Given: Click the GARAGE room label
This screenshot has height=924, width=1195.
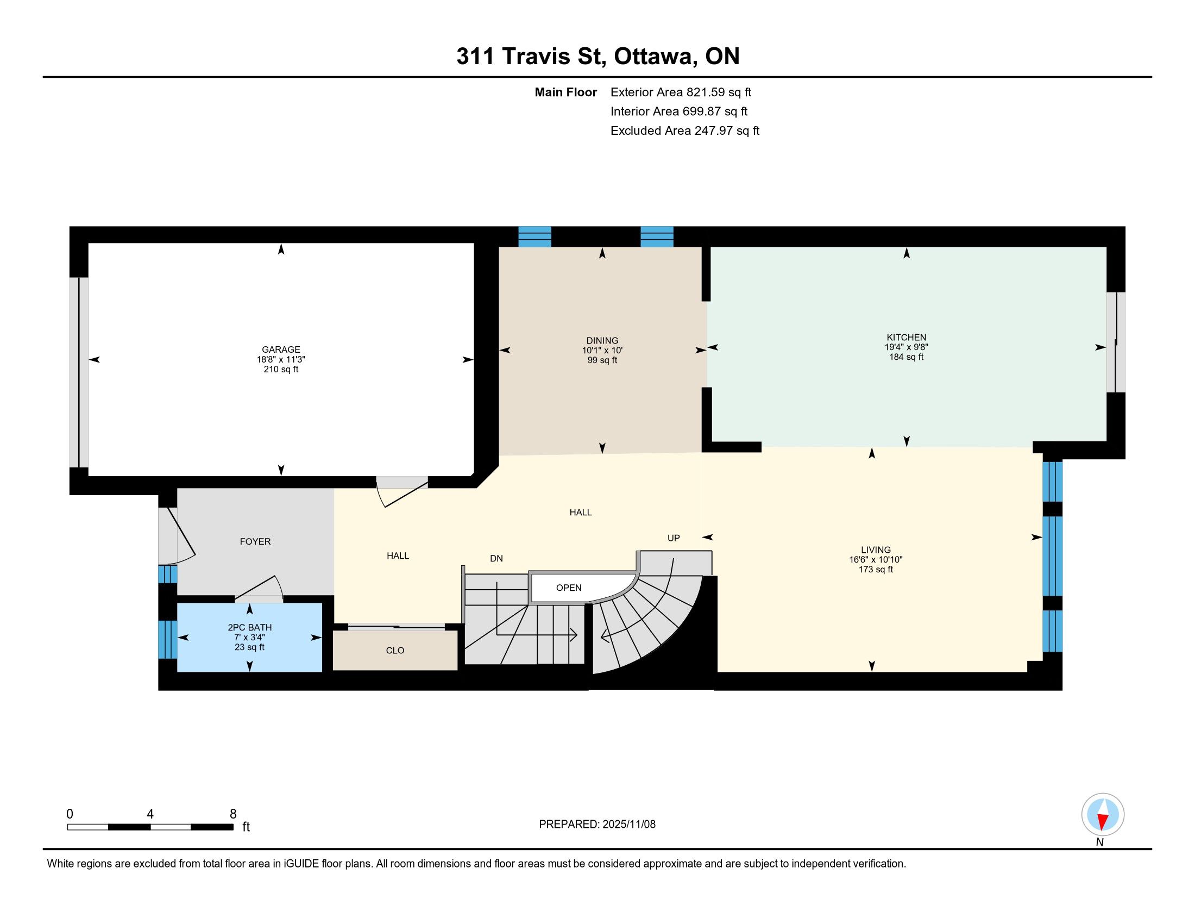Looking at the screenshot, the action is [281, 349].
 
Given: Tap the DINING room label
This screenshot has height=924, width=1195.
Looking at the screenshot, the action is [602, 340].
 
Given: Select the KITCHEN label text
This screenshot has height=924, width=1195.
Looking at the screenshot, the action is [906, 337].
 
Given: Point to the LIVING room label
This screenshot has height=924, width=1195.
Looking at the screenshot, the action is [876, 550].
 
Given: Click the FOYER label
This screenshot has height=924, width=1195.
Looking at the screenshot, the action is [255, 541].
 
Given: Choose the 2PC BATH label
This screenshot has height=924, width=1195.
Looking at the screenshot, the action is [249, 627].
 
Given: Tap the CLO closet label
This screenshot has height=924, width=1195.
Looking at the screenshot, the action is [394, 650].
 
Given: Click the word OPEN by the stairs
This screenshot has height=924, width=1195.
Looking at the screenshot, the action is [569, 588].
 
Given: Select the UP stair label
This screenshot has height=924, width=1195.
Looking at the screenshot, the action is [674, 538].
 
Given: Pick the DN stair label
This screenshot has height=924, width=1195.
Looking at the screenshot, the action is [496, 558].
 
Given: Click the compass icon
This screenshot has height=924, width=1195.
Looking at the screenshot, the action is [1103, 814].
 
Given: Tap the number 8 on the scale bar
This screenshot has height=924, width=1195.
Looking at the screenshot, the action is [233, 814].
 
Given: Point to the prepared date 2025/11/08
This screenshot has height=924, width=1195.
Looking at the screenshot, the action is [628, 825].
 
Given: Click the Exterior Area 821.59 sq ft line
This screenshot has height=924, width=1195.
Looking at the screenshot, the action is [681, 92].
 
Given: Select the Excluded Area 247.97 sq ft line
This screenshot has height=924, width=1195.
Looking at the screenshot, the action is [685, 130].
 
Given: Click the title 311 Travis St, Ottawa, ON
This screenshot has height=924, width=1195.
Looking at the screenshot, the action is [598, 56].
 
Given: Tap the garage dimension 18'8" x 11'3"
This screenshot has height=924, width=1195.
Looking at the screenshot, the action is [281, 360].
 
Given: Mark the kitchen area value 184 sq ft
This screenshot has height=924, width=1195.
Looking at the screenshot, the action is [906, 357].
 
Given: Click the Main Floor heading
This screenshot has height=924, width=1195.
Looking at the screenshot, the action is [566, 92].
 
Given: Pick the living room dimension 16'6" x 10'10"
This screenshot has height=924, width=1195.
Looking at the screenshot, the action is [876, 559].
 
